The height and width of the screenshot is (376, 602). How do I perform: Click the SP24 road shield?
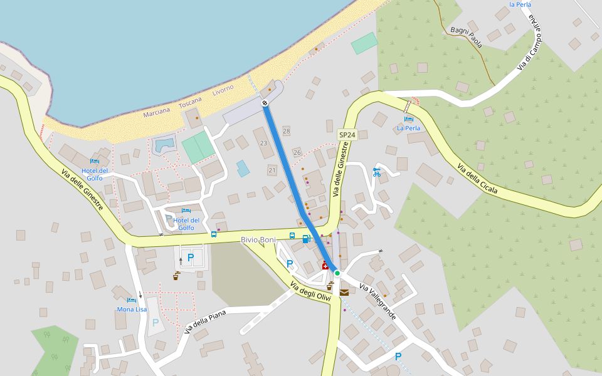point(346,135)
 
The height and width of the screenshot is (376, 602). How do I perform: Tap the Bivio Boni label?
point(258,240)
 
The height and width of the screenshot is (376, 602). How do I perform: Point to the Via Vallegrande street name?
point(378,301)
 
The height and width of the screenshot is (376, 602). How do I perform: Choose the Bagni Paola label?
point(467,37)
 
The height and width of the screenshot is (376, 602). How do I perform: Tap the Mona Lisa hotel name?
point(132,310)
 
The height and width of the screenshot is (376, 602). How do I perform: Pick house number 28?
point(287,131)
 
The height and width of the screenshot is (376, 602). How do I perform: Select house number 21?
point(272,170)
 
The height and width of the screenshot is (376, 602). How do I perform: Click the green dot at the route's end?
point(337,273)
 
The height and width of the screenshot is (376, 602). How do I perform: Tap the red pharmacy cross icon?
point(325,266)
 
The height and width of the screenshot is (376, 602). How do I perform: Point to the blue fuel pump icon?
point(306,239)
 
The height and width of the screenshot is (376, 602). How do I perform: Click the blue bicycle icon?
point(377,172)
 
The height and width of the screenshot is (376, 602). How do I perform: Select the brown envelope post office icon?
point(344,292)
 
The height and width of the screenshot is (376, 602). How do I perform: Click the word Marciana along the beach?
point(157,112)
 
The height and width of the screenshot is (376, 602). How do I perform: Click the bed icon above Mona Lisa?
point(132,300)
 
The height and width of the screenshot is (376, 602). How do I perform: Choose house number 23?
point(263,144)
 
